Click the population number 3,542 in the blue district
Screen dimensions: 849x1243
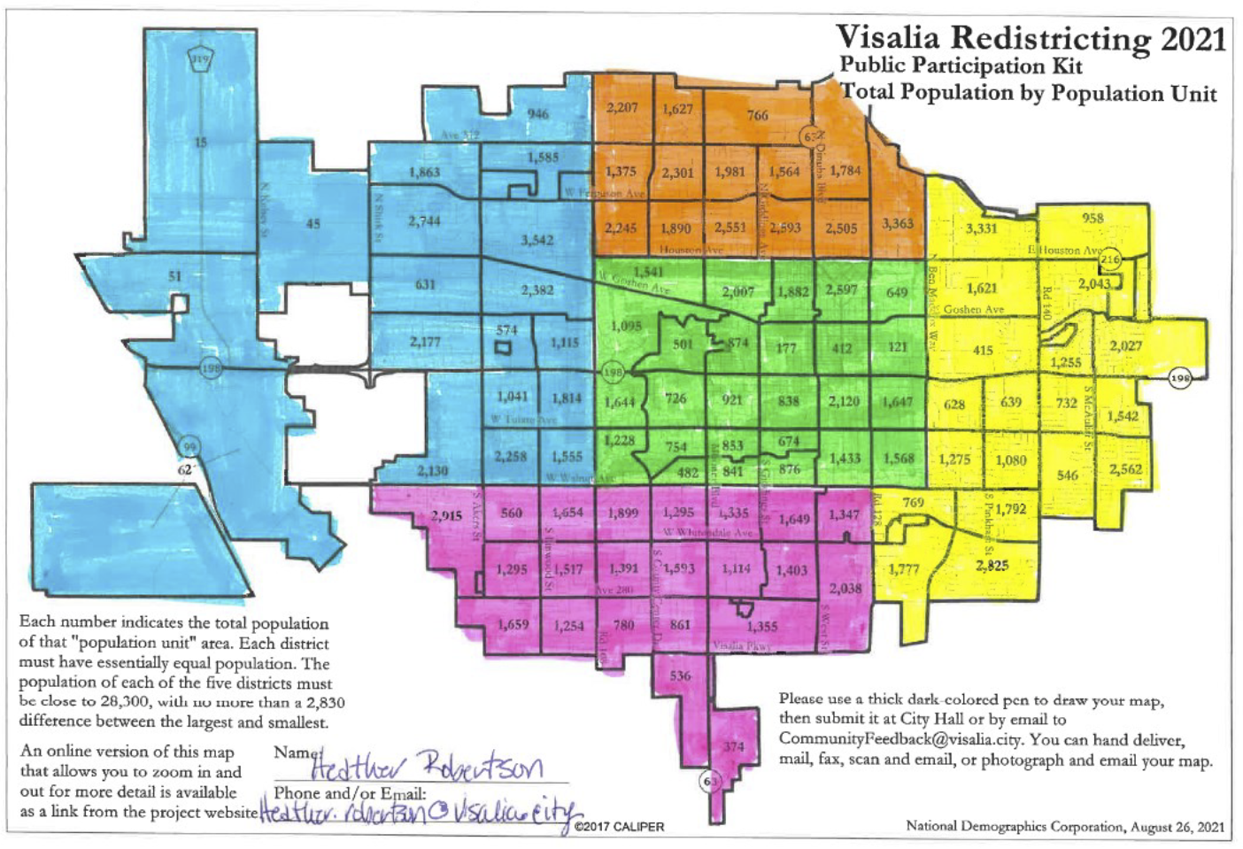537,240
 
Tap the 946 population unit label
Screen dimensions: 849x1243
537,113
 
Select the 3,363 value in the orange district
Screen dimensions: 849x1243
897,223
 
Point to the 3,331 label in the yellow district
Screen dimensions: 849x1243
981,228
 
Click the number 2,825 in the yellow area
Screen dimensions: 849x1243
992,566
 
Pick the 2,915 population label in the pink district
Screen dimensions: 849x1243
446,515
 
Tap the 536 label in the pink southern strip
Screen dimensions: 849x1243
680,675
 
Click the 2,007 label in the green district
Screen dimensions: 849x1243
737,291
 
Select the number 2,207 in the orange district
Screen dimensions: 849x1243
621,107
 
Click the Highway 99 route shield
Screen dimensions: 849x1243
189,446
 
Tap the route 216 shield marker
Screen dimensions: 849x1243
1110,259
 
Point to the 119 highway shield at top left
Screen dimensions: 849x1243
201,60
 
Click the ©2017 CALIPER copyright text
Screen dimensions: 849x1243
619,827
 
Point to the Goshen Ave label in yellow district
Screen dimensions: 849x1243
973,310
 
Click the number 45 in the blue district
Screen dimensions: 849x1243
313,224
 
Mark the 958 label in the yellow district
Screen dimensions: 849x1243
1092,218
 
